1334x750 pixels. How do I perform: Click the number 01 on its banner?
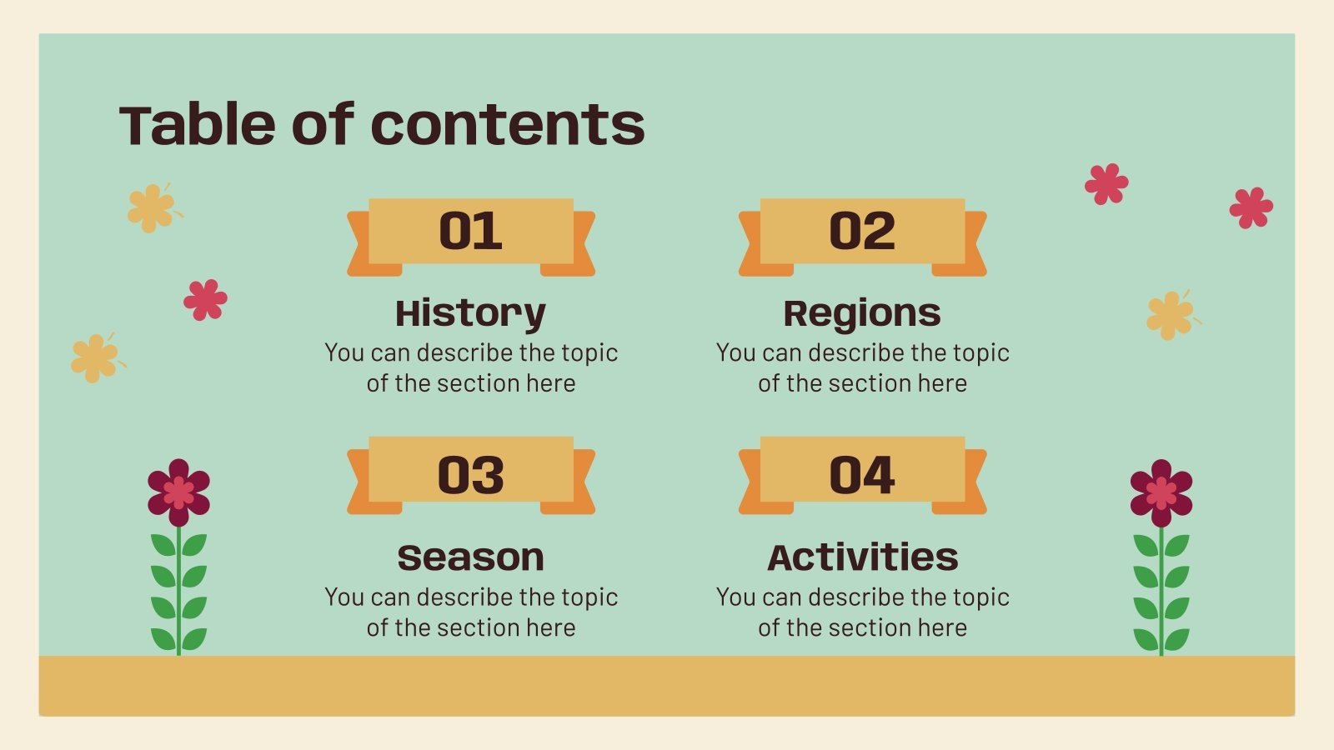471,231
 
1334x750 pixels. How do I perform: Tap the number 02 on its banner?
862,231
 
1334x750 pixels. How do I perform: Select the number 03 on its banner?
471,475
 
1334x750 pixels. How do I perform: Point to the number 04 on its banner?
862,475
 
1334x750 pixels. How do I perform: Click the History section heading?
470,314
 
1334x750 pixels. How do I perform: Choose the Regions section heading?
862,314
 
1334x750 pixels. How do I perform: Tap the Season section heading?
470,557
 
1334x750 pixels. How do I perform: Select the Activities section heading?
862,557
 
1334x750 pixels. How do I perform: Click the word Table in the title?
198,125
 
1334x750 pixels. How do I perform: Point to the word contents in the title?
507,125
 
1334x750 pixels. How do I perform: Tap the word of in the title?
323,125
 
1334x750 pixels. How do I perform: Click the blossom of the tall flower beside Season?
178,492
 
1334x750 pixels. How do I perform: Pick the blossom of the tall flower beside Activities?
1161,493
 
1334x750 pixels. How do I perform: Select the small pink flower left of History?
205,300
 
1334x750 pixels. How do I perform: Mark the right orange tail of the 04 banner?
973,482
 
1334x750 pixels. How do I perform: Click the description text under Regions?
862,367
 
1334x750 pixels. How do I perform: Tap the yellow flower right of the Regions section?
1170,315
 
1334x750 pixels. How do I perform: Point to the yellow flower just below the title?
151,207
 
